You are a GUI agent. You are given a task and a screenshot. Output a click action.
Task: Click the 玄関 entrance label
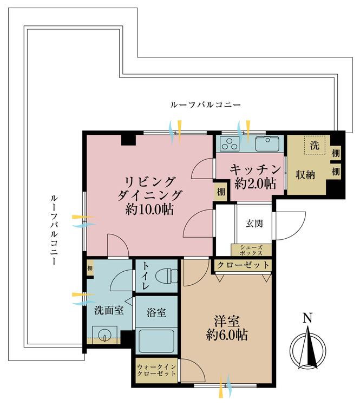(254, 223)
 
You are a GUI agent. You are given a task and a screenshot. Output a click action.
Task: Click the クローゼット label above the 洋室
(243, 265)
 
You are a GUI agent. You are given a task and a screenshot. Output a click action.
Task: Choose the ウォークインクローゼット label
(156, 371)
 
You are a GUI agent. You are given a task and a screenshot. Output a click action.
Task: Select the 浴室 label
(155, 312)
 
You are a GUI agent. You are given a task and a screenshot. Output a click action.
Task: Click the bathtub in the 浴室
(156, 342)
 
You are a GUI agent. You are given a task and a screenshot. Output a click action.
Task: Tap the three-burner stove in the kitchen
(230, 145)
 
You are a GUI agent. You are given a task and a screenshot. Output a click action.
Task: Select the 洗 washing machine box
(314, 145)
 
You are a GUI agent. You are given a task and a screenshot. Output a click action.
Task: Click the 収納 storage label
(305, 175)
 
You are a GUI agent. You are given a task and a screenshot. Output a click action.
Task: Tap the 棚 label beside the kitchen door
(221, 191)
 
